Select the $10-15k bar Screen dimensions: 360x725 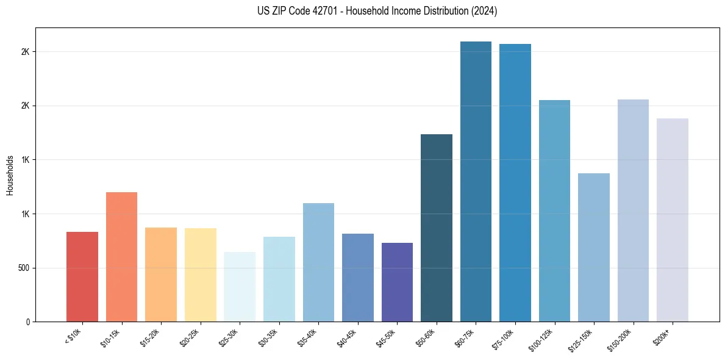(x=121, y=257)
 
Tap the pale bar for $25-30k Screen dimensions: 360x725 (x=240, y=287)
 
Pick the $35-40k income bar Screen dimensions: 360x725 (x=318, y=262)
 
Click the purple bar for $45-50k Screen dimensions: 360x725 (x=397, y=282)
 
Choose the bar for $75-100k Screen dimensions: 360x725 (x=515, y=182)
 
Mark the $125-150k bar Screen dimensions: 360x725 (x=594, y=247)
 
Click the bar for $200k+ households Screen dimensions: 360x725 (x=673, y=220)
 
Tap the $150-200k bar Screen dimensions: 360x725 (x=633, y=211)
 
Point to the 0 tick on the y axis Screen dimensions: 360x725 (x=27, y=322)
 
